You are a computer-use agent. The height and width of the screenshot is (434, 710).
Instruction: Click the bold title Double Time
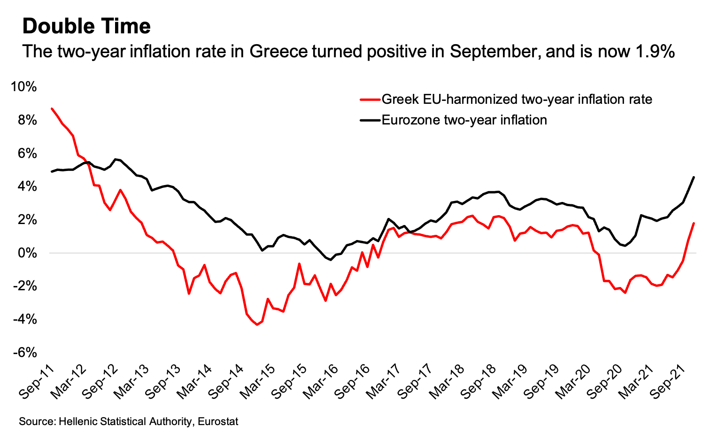(x=86, y=26)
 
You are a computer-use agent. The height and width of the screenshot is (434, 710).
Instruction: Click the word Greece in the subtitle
(x=278, y=51)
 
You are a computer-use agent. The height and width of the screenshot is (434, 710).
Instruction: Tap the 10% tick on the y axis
(x=24, y=87)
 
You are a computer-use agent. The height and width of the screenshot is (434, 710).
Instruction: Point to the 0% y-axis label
(x=27, y=253)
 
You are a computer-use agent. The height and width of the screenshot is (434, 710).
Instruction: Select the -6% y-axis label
(x=24, y=353)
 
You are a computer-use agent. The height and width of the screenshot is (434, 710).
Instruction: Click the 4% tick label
(x=27, y=187)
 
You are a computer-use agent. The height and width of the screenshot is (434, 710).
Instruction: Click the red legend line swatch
(x=370, y=100)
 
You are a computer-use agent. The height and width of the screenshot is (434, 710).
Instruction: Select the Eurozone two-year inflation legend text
(x=464, y=120)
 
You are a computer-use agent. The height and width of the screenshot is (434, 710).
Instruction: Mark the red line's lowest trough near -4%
(x=257, y=325)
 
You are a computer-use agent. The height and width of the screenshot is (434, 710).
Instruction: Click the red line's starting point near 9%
(x=52, y=108)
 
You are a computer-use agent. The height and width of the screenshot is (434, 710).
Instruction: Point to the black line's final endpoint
(x=694, y=177)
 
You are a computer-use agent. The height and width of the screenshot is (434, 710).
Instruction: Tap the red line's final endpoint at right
(x=694, y=223)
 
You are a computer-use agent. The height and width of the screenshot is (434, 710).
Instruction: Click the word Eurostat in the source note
(x=218, y=421)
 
